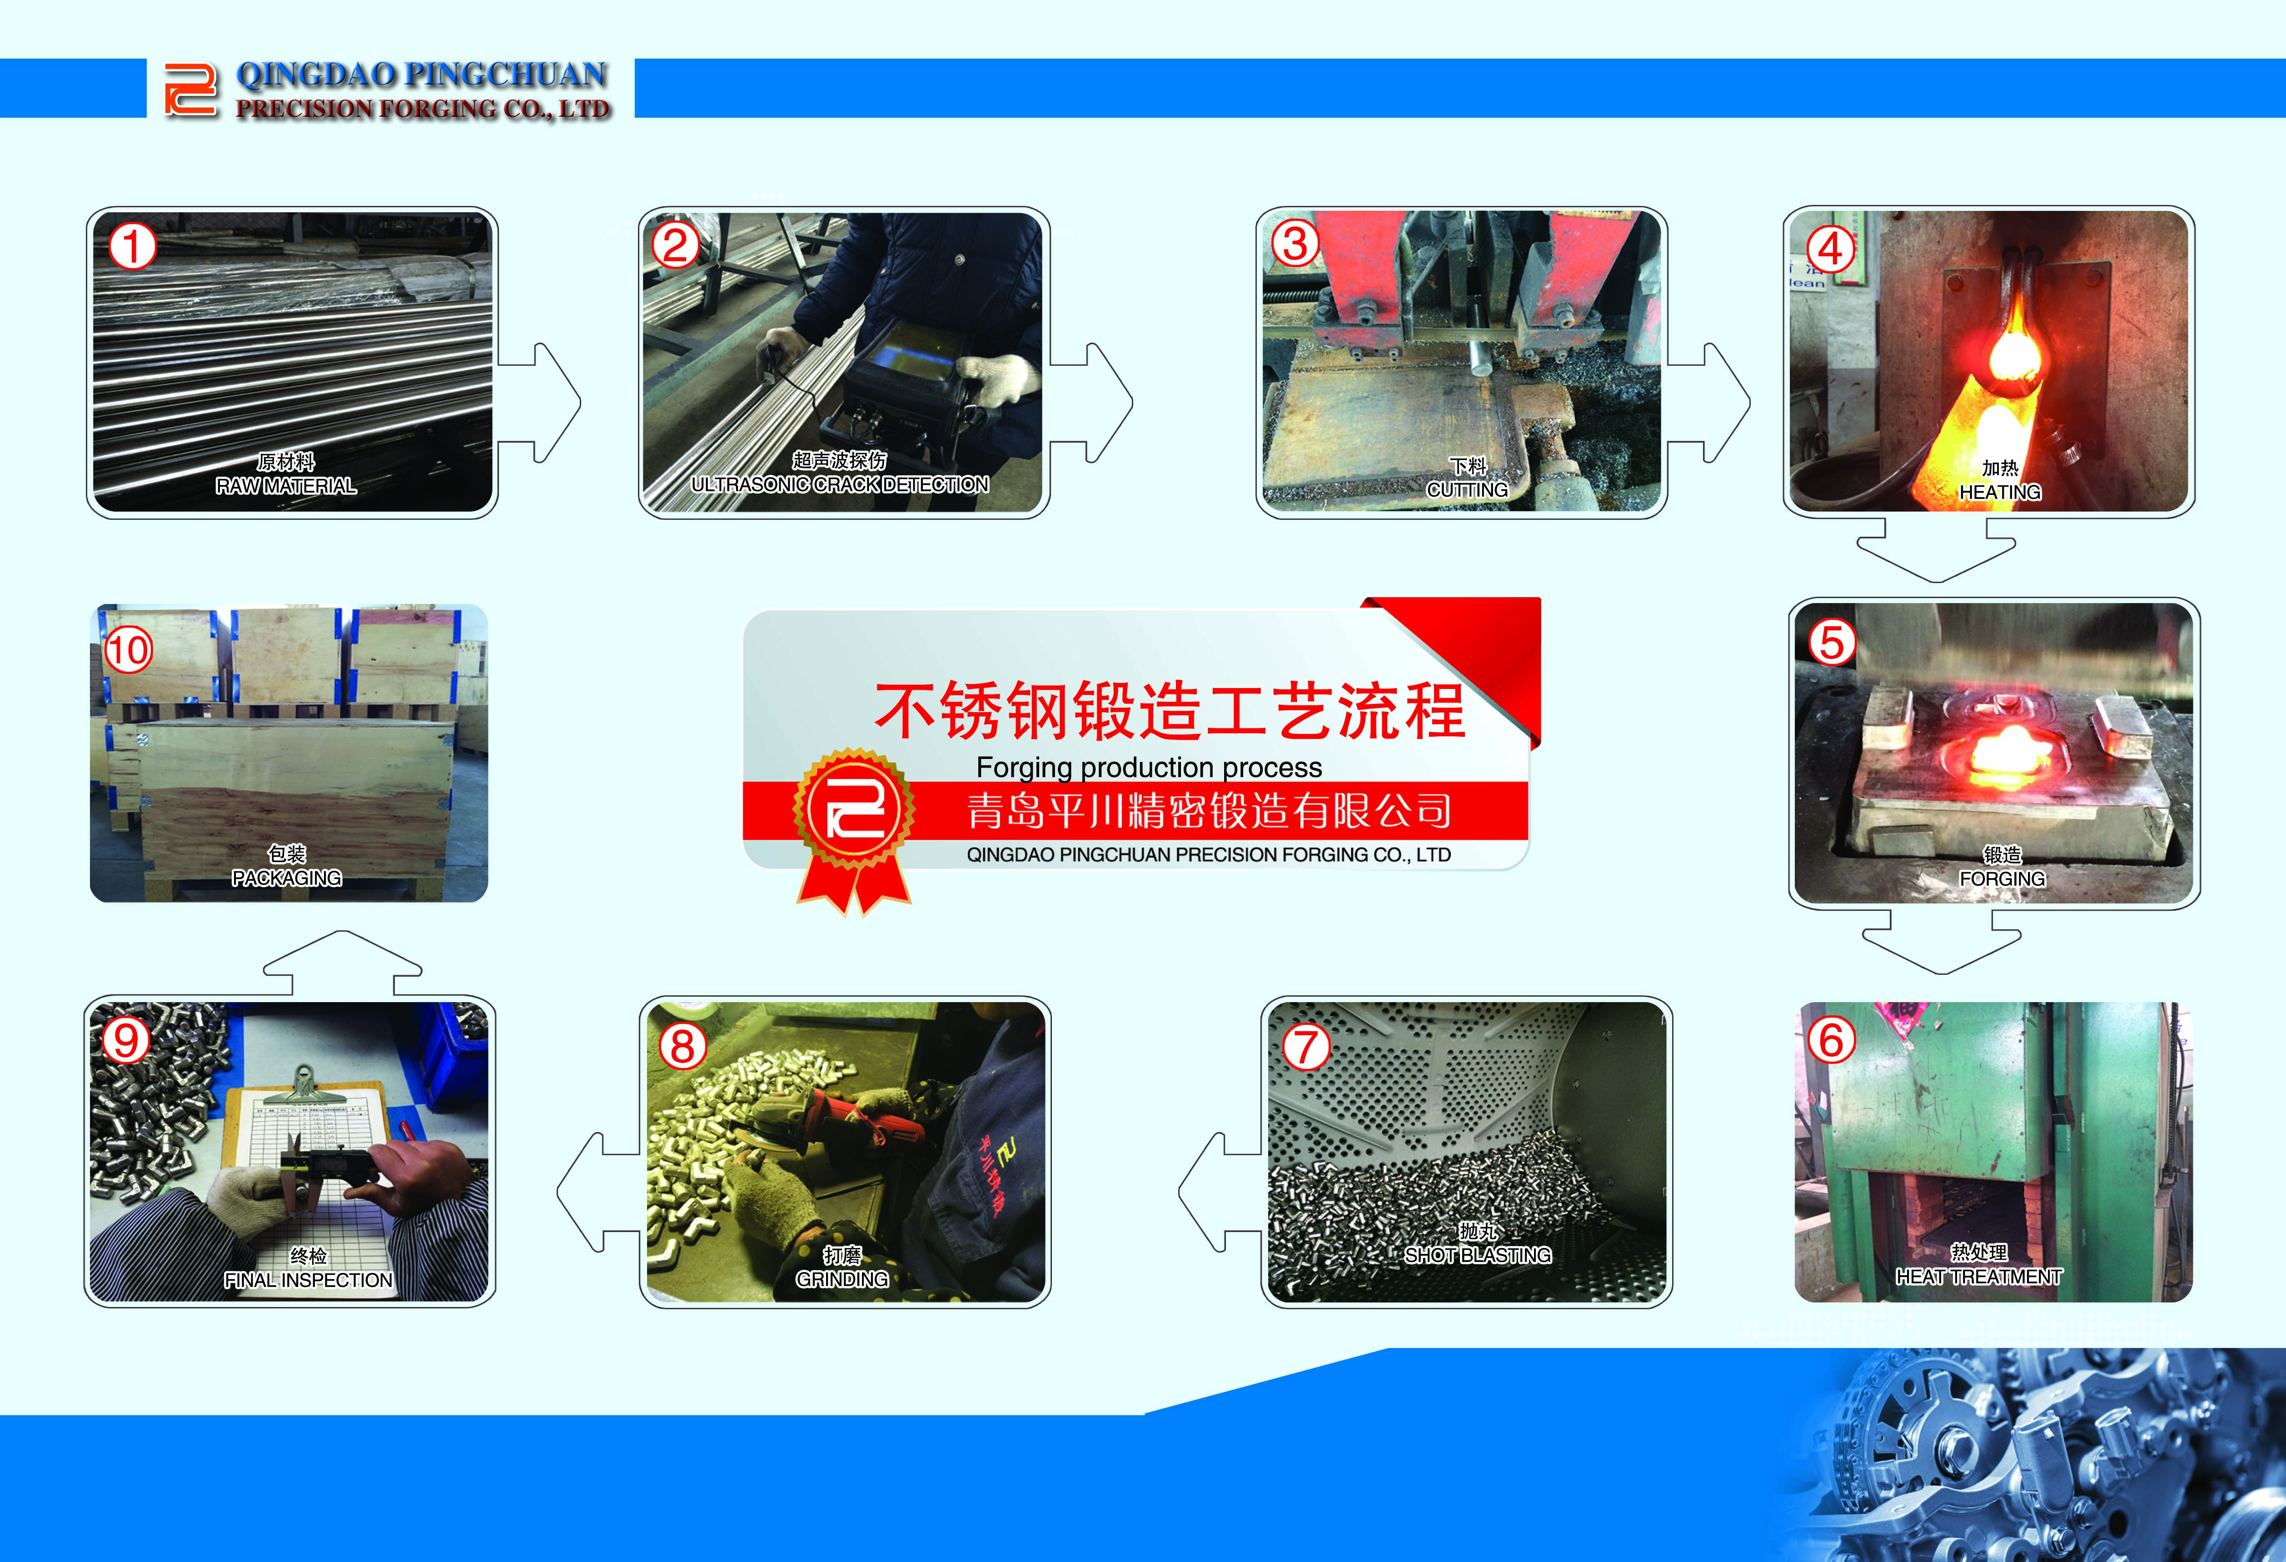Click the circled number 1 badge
132,246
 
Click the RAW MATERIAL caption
286,486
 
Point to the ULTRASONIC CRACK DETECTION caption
840,484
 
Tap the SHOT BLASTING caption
1478,1255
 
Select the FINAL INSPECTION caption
308,1280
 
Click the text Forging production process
1149,767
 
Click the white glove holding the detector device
997,379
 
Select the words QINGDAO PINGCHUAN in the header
422,75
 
